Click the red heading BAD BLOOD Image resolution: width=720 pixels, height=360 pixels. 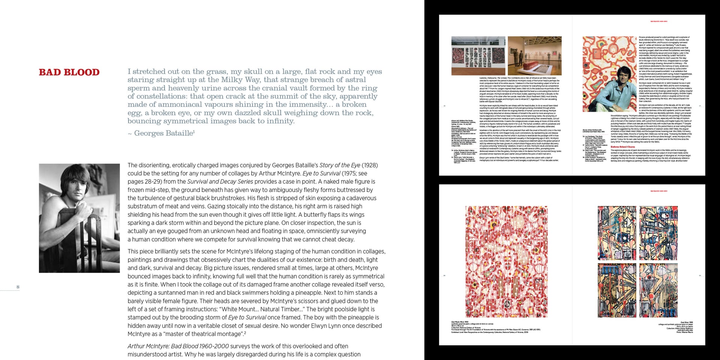point(69,72)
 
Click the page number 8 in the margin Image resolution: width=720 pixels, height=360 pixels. point(18,287)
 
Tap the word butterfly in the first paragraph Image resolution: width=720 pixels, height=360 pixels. point(325,214)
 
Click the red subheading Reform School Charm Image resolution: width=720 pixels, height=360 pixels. point(623,147)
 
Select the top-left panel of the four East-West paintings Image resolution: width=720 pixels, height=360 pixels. point(616,233)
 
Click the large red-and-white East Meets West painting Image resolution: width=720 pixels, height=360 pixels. point(506,261)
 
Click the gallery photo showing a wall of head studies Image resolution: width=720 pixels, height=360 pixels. point(478,55)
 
